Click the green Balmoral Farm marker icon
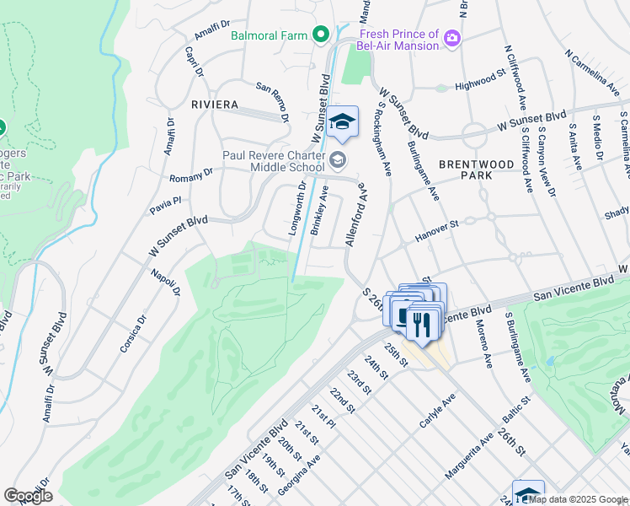(320, 35)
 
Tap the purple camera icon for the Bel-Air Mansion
(452, 37)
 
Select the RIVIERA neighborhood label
(215, 105)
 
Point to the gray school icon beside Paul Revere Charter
(337, 159)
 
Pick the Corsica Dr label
(134, 333)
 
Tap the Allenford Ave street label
(355, 214)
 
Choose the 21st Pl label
(324, 419)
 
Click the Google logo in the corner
(28, 495)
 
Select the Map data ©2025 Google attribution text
(578, 499)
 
